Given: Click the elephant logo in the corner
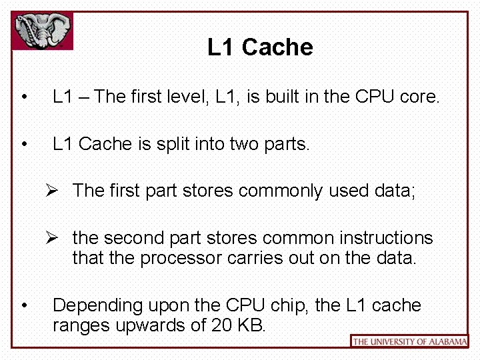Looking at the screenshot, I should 43,31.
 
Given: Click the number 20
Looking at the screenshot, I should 219,325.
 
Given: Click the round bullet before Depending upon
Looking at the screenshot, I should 24,306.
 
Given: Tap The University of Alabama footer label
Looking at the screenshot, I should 409,341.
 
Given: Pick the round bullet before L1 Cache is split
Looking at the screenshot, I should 24,145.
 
